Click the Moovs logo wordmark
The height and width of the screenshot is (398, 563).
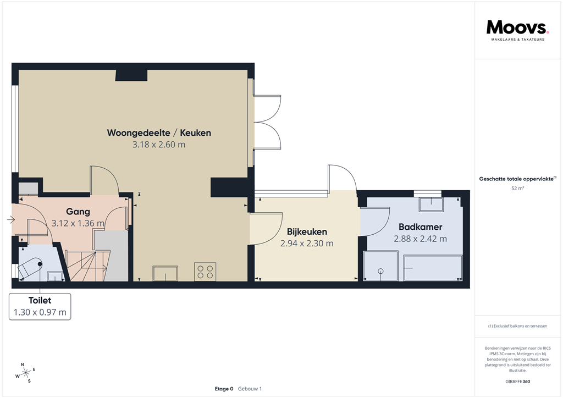tap(517, 27)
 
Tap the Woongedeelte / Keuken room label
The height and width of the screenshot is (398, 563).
tap(159, 133)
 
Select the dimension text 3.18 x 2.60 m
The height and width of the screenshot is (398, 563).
tap(159, 145)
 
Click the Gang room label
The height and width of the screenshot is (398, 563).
tap(78, 212)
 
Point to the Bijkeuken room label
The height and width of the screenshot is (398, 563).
tap(307, 231)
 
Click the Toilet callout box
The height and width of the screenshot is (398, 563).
tap(40, 306)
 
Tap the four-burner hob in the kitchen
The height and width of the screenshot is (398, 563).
tap(205, 272)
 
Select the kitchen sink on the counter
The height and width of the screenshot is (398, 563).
tap(165, 273)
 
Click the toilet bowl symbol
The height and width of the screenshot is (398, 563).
tap(31, 267)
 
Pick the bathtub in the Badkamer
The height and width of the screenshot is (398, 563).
tap(432, 267)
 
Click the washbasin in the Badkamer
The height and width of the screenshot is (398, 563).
tap(431, 204)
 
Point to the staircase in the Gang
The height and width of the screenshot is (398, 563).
tap(82, 264)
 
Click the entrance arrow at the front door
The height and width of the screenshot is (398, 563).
tap(11, 220)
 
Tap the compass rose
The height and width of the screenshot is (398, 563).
tap(25, 373)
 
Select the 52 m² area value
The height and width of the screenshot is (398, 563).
tap(517, 188)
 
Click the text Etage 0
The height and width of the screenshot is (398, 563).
tap(224, 389)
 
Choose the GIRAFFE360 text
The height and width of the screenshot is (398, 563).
tap(517, 382)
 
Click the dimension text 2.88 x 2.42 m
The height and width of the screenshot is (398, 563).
tap(420, 239)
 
